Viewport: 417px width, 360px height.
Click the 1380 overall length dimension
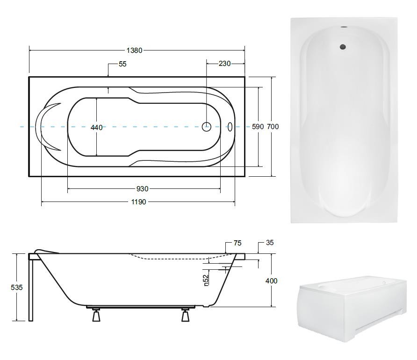(x=134, y=50)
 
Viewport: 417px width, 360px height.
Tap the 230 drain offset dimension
(x=224, y=64)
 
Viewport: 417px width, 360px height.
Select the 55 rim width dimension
(x=122, y=64)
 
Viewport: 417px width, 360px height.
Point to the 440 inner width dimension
(x=96, y=128)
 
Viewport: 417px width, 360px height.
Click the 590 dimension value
(x=258, y=127)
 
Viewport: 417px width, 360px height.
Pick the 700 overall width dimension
(x=273, y=127)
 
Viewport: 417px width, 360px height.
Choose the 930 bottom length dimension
(x=142, y=189)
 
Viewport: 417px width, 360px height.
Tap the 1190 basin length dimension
(x=138, y=202)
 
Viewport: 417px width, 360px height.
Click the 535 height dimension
(x=16, y=288)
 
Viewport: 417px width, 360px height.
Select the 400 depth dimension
(x=271, y=281)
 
